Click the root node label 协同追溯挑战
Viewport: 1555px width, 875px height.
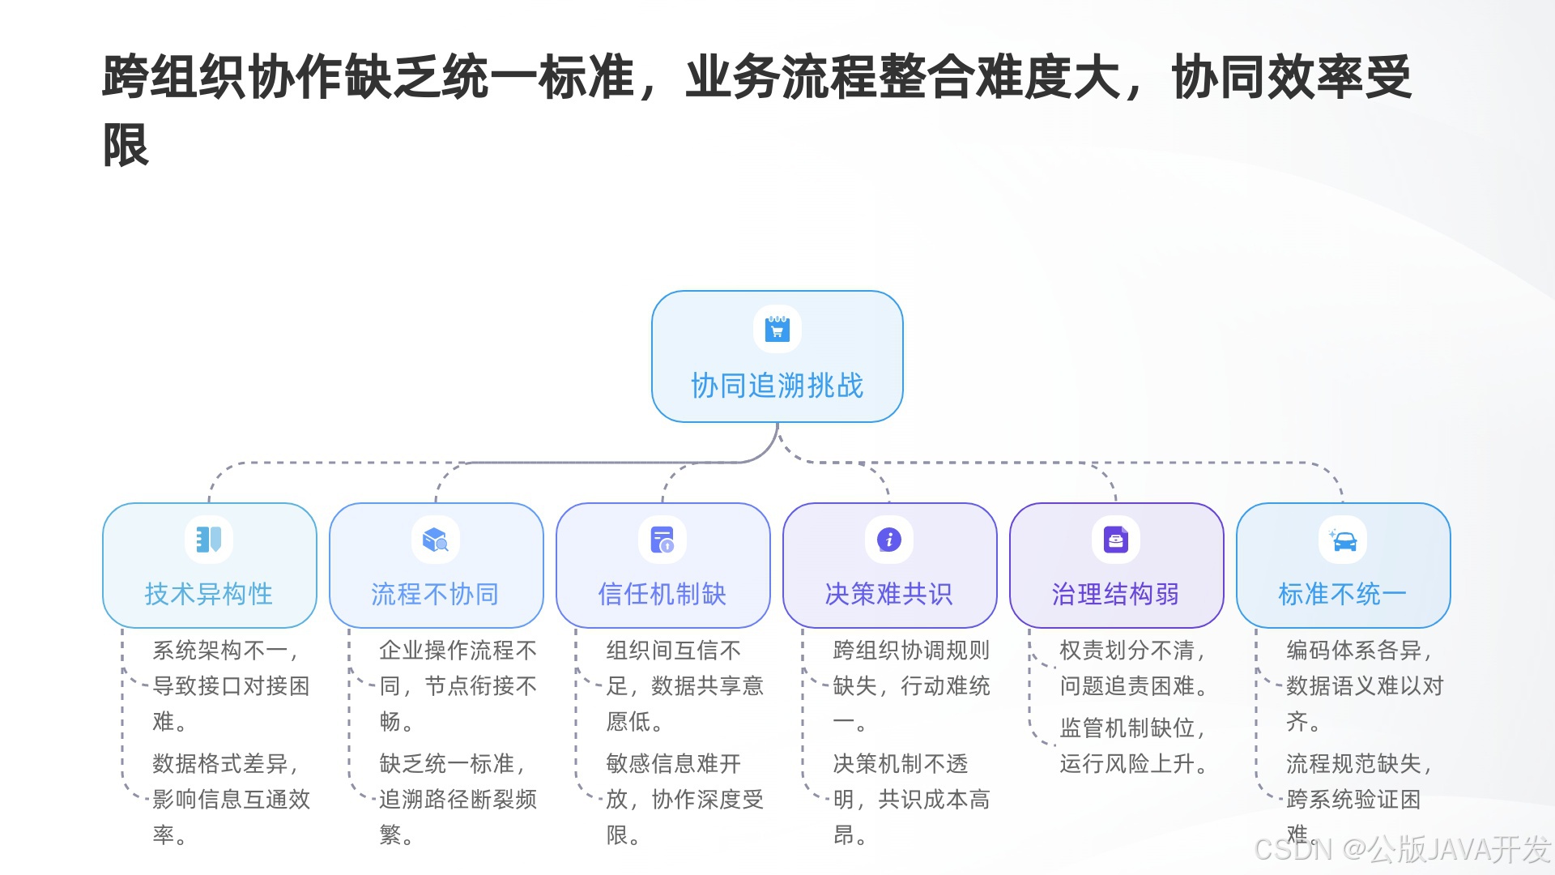(x=777, y=386)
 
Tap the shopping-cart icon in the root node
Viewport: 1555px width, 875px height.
(x=777, y=329)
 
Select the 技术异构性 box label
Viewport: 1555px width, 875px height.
(x=209, y=594)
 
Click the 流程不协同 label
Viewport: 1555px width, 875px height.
(x=435, y=594)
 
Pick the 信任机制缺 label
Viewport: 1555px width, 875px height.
(x=662, y=594)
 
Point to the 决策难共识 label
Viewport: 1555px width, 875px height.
(x=888, y=594)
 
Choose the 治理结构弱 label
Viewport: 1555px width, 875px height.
(x=1115, y=594)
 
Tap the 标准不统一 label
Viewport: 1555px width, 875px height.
(x=1342, y=594)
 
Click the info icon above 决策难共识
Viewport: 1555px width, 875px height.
(x=889, y=540)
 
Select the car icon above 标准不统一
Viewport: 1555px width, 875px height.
(x=1343, y=540)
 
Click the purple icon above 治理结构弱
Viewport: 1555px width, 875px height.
(x=1116, y=540)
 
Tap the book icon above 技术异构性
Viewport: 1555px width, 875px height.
(x=209, y=540)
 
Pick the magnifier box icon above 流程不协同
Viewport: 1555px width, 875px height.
(x=436, y=540)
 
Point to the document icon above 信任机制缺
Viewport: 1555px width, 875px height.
(x=662, y=540)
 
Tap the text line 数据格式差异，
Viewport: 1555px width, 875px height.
(x=227, y=764)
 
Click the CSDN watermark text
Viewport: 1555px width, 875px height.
(x=1402, y=849)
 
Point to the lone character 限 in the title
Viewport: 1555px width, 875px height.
(x=126, y=146)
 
